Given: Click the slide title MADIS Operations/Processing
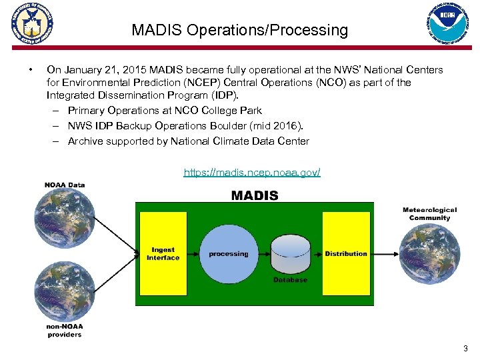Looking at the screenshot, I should click(x=239, y=30).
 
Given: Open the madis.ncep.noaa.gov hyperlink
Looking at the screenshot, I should click(x=252, y=173).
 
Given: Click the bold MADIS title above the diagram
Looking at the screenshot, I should click(x=255, y=195).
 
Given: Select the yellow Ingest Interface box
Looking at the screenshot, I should click(x=163, y=254).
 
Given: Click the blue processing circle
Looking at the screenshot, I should click(x=228, y=253).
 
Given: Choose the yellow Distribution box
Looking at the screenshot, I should click(x=346, y=254).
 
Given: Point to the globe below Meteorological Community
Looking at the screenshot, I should click(x=429, y=253).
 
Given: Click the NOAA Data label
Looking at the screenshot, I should click(x=65, y=185).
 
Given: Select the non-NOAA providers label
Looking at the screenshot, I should click(x=65, y=330).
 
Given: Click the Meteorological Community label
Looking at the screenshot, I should click(x=429, y=214).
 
